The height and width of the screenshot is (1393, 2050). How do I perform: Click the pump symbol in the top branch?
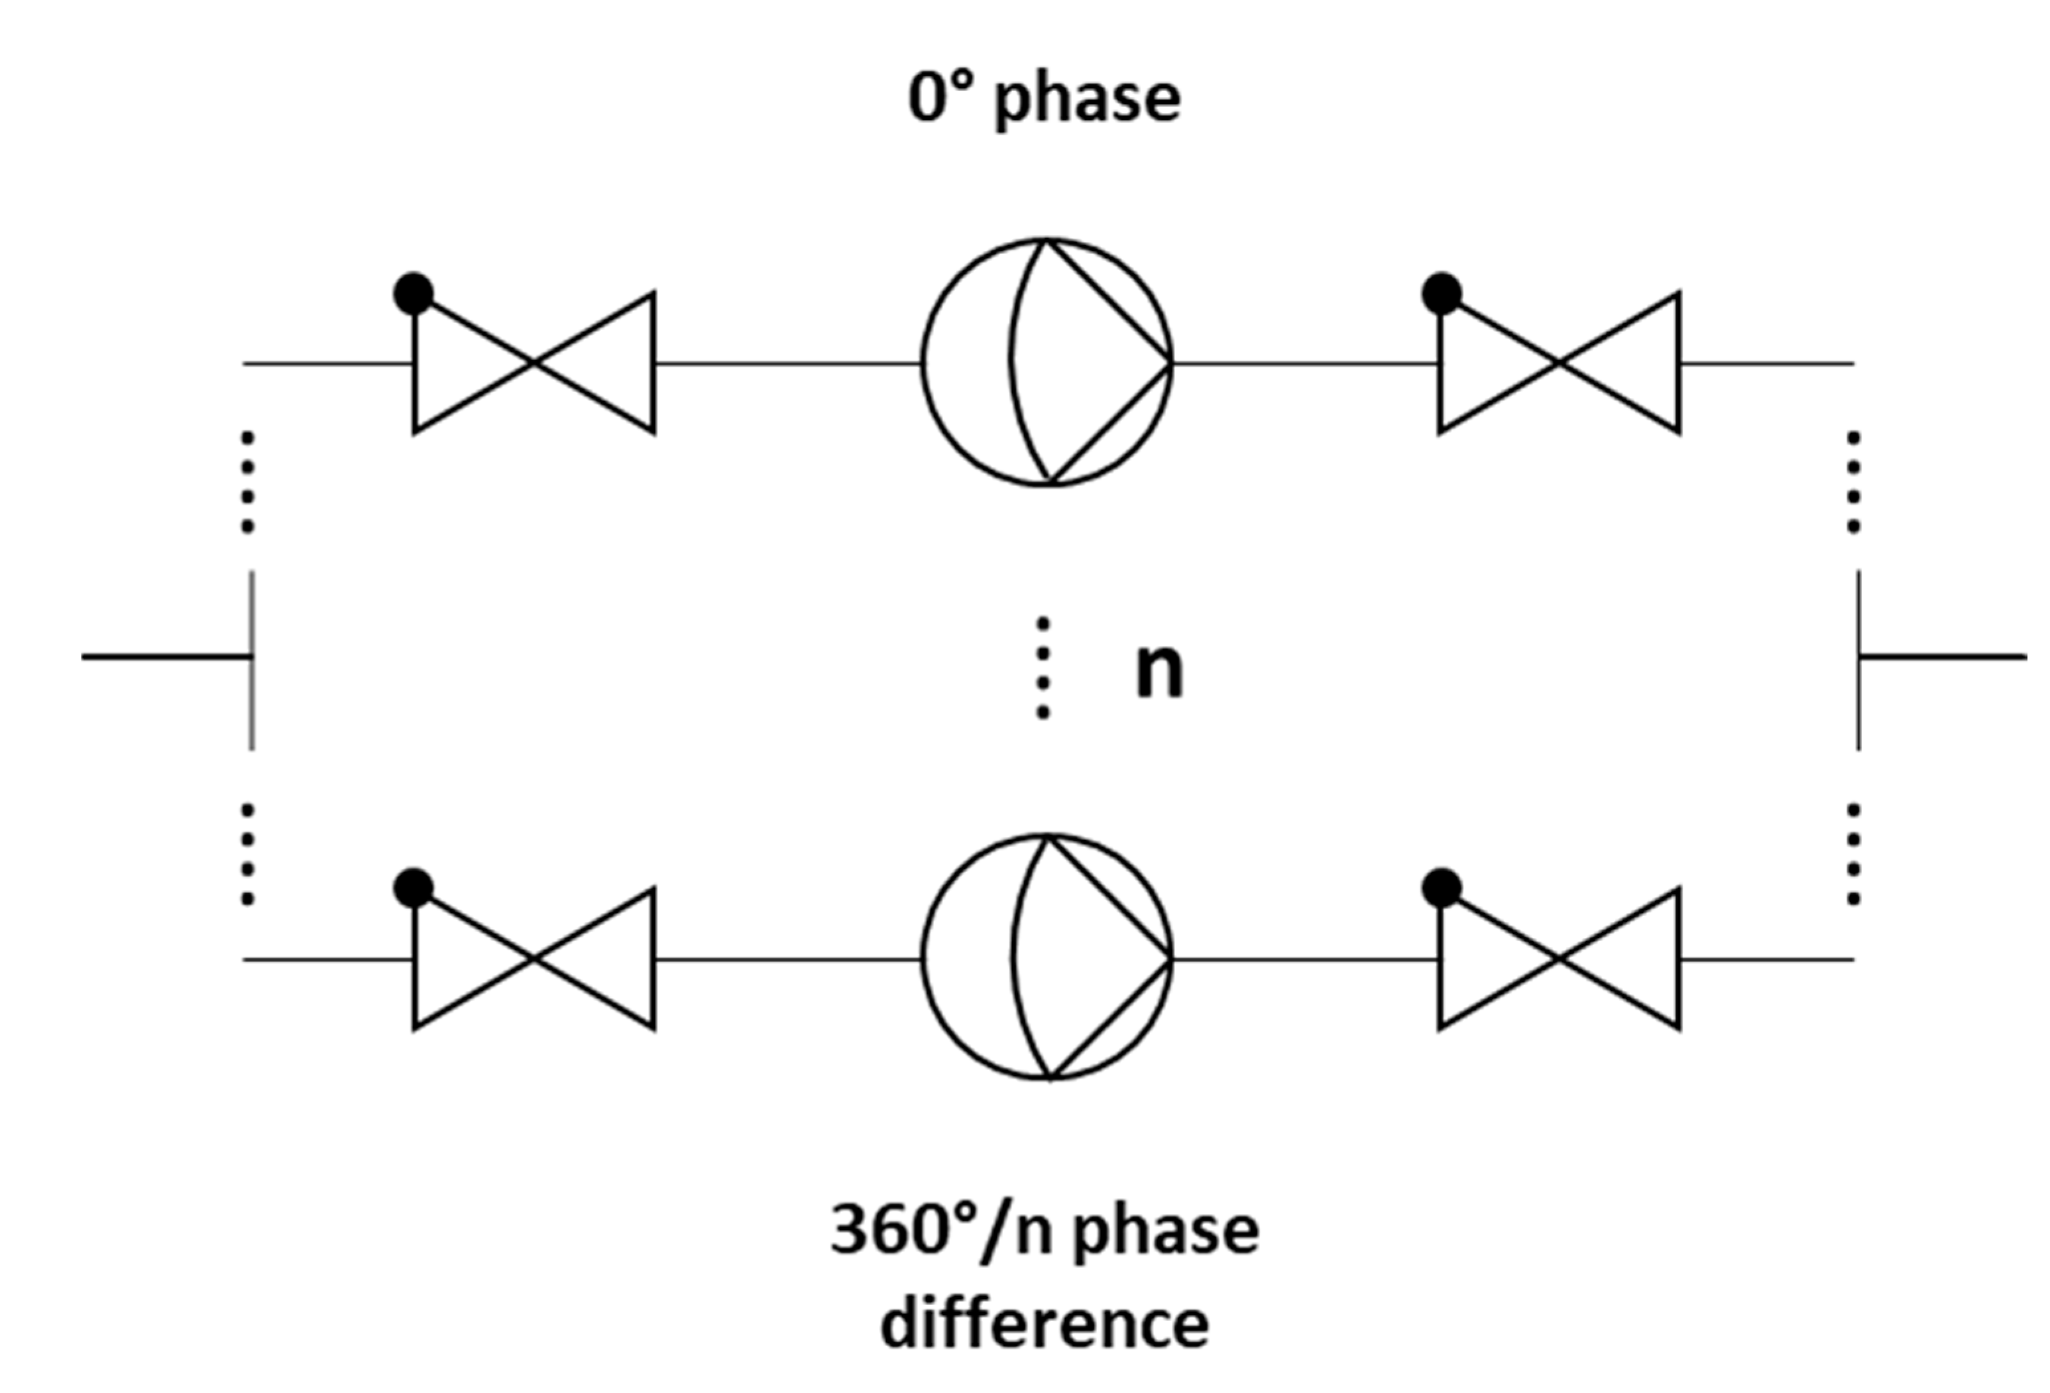click(x=1047, y=362)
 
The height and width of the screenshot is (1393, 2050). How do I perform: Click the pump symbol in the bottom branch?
click(x=1047, y=957)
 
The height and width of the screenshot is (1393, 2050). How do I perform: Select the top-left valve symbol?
click(x=534, y=362)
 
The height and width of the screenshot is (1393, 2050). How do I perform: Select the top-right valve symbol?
click(x=1560, y=362)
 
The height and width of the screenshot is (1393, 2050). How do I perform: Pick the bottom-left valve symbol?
click(x=534, y=958)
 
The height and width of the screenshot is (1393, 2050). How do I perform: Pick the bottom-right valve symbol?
click(x=1560, y=958)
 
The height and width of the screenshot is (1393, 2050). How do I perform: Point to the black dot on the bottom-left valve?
click(x=414, y=888)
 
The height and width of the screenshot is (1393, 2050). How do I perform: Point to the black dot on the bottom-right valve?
click(x=1442, y=888)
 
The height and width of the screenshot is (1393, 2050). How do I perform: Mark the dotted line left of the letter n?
click(x=1043, y=668)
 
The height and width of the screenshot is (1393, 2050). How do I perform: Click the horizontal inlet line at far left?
click(x=167, y=656)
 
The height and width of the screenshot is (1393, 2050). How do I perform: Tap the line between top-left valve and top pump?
click(x=787, y=363)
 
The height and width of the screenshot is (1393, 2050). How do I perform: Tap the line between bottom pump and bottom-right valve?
click(x=1306, y=959)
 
